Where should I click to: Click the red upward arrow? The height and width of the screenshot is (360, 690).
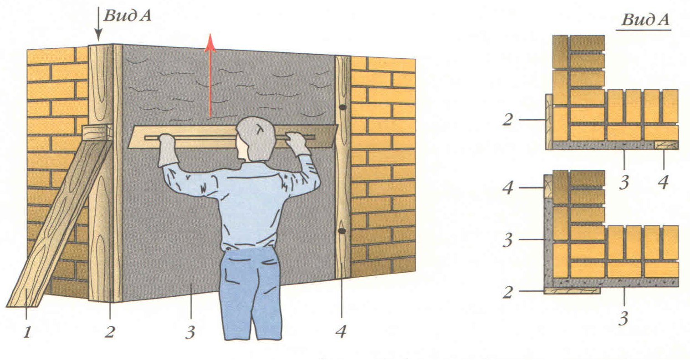click(x=210, y=76)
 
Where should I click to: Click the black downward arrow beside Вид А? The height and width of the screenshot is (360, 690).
click(x=98, y=24)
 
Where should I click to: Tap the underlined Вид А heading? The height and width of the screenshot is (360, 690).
click(x=645, y=20)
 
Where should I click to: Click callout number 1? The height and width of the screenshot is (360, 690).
click(x=27, y=332)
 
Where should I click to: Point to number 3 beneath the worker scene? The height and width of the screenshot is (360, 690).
click(x=190, y=332)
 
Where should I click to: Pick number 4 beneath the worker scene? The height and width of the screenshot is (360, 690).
click(x=341, y=332)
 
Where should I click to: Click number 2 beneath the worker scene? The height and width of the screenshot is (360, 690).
click(x=110, y=332)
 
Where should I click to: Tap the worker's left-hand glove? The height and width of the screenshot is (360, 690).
click(x=168, y=150)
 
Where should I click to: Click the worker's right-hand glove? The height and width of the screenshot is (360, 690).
click(x=297, y=143)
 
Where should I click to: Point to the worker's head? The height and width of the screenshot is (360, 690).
click(x=256, y=138)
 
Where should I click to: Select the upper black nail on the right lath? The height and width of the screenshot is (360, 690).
click(x=342, y=107)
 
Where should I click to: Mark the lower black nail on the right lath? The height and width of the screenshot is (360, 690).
click(x=342, y=230)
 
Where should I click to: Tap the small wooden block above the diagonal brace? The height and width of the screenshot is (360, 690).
click(x=97, y=132)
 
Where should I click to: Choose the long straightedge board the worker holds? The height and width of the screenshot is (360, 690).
click(x=233, y=137)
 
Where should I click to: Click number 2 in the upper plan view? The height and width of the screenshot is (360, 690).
click(x=508, y=120)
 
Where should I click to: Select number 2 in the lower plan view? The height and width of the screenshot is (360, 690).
click(x=508, y=292)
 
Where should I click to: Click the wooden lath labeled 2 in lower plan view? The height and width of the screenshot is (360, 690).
click(x=572, y=291)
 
